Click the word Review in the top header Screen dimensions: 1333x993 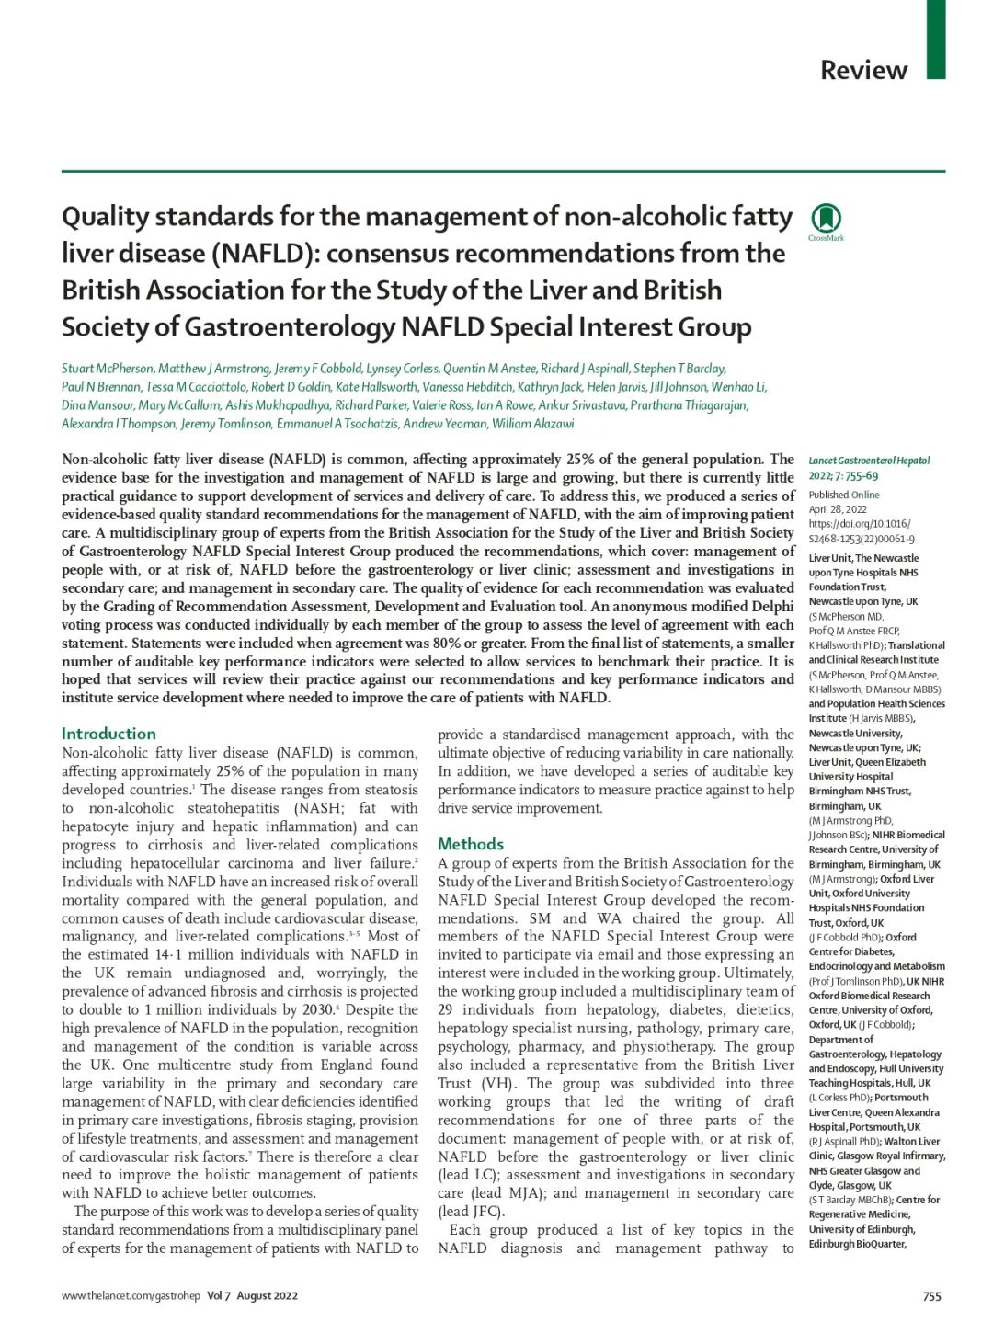point(863,70)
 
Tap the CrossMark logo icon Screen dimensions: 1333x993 point(826,219)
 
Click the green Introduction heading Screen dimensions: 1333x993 point(108,734)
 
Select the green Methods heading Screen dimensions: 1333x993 point(471,844)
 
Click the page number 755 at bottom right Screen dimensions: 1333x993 point(931,1296)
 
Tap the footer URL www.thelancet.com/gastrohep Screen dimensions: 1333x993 point(131,1296)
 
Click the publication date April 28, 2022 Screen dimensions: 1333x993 point(838,509)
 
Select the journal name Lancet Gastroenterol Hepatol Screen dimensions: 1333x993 point(869,461)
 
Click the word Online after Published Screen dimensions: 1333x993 point(865,495)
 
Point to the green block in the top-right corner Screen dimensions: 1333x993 point(935,39)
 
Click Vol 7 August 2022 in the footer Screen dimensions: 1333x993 point(252,1296)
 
